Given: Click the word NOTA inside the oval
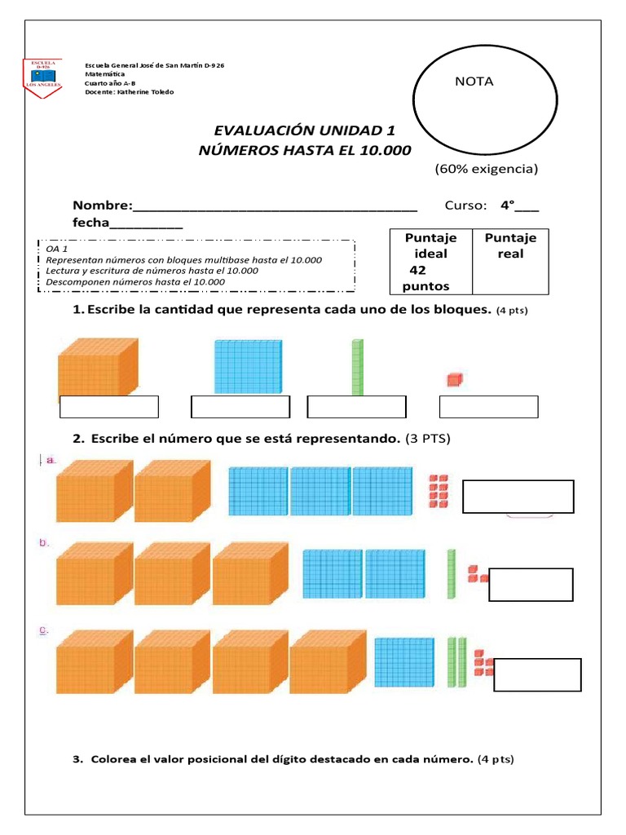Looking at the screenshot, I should (x=474, y=82).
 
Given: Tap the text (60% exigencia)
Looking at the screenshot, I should (x=486, y=170).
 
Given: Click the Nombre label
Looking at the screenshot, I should (x=102, y=205).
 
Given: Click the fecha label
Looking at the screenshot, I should (x=90, y=223).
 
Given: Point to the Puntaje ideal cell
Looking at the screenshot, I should (x=430, y=261).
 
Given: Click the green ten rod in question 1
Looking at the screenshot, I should (x=355, y=367).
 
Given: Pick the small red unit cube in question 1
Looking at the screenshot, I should (x=454, y=378).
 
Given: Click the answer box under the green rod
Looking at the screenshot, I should (x=356, y=406).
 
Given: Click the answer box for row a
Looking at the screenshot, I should (x=518, y=497).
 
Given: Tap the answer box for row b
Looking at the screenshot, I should (x=530, y=585).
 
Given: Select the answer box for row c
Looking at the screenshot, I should (x=537, y=674).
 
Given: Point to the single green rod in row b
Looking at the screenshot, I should (x=451, y=573).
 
